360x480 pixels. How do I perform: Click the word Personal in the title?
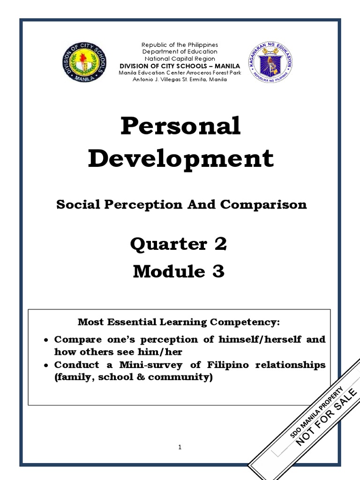(180, 127)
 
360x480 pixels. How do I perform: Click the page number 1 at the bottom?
(180, 447)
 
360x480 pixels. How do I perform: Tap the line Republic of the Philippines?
(180, 45)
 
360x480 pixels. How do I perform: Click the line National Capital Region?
(180, 59)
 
